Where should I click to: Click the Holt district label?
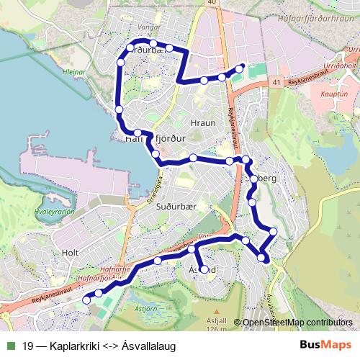[71, 253]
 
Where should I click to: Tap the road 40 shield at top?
[210, 4]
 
